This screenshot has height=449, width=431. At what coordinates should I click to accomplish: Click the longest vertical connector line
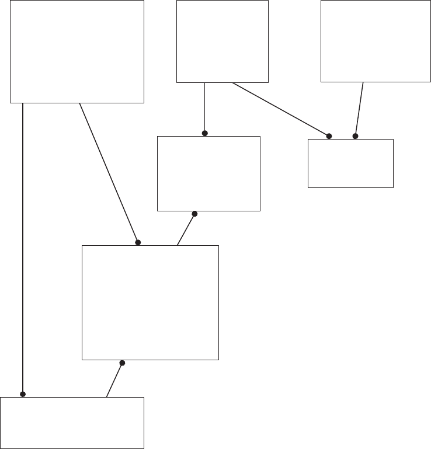pos(23,245)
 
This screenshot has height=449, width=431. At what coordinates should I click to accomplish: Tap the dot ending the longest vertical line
pos(23,394)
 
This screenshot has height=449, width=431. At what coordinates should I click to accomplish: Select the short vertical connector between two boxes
pos(205,108)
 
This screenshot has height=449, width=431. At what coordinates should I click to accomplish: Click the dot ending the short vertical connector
pos(205,133)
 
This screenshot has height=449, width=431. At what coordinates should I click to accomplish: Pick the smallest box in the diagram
pos(350,163)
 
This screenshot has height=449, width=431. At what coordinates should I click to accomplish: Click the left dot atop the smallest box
pos(329,136)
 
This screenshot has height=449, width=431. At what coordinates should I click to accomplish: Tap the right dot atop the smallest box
pos(355,136)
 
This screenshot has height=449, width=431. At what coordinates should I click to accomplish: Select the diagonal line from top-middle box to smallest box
pos(280,109)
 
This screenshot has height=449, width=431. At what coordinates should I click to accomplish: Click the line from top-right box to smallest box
pos(359,109)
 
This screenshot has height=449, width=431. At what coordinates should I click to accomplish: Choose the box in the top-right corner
pos(376,41)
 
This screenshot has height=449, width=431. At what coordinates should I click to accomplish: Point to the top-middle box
pos(223,41)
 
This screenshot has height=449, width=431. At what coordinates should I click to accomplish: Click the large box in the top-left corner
pos(77,51)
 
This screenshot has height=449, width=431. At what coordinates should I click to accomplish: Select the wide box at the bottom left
pos(72,423)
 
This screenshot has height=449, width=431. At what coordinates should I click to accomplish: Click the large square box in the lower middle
pos(150,302)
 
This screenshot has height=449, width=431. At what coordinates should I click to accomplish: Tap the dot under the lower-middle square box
pos(122,363)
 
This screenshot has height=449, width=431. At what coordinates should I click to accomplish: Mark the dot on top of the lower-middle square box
pos(138,242)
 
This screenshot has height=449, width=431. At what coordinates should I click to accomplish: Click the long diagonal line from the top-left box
pos(109,172)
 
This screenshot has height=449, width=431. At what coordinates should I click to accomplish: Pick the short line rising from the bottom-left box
pos(114,380)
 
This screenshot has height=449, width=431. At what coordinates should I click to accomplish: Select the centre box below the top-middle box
pos(208,173)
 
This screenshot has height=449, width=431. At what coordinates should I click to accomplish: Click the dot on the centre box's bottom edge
pos(194,214)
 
